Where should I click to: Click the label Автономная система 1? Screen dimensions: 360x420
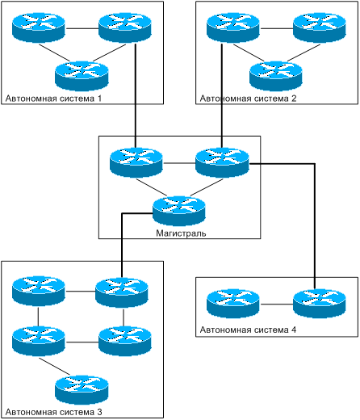coord(53,99)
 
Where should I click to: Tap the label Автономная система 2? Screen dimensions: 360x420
coord(248,99)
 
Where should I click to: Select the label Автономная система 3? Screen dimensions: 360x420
coord(53,412)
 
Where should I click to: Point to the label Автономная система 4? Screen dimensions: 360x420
coord(248,330)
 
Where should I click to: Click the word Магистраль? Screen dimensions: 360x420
coord(181,233)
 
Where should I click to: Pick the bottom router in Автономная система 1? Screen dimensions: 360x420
coord(82,76)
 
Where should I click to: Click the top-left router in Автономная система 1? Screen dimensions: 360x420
coord(39,27)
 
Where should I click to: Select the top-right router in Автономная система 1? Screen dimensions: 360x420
coord(125,27)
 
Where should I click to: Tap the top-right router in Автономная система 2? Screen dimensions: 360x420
coord(320,27)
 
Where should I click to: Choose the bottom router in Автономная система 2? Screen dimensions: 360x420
coord(276,76)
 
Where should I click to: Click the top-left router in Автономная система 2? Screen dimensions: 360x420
coord(233,27)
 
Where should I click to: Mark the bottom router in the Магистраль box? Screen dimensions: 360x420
coord(179,211)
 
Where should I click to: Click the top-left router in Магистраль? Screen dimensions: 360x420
coord(136,162)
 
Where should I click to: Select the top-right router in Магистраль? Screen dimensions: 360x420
coord(222,162)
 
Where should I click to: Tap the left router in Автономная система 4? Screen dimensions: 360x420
coord(233,304)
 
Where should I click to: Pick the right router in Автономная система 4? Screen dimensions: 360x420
coord(320,304)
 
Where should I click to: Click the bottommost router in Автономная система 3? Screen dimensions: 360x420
coord(82,390)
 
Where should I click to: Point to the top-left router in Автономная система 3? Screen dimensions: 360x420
coord(39,291)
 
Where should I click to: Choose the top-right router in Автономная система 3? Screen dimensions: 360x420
coord(122,292)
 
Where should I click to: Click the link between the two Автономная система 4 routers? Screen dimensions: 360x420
coord(276,304)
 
